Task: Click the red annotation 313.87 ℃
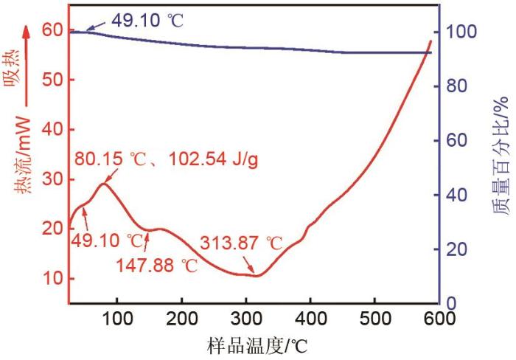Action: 241,243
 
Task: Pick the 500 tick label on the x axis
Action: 374,319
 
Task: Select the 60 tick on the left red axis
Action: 53,30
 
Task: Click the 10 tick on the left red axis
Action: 53,279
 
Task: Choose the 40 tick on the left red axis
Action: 53,130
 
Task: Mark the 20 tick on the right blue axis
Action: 456,249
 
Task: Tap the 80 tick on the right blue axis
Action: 456,86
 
